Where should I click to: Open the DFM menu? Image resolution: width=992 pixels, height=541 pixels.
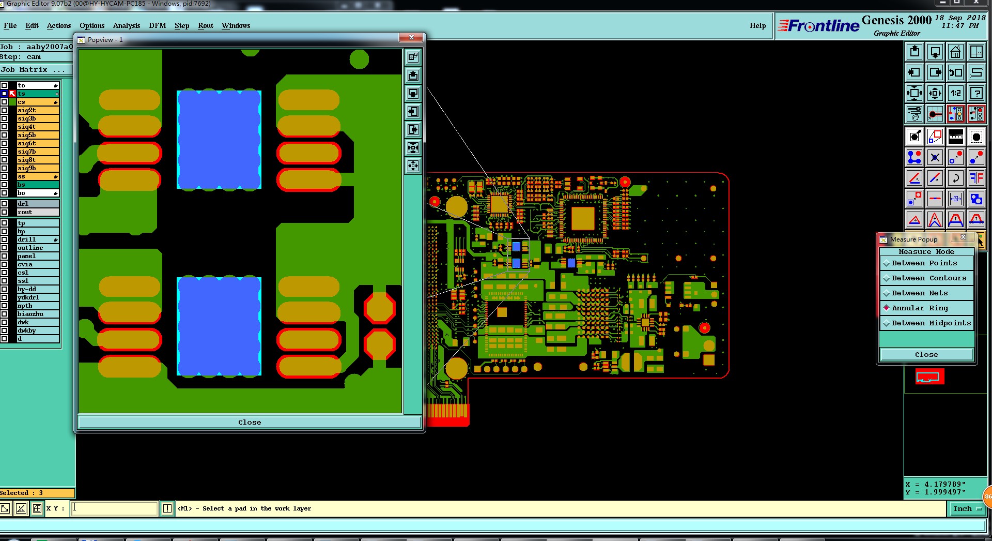[158, 25]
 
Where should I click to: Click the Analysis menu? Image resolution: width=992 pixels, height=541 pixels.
[127, 25]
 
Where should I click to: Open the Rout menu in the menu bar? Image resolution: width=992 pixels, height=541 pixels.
[206, 25]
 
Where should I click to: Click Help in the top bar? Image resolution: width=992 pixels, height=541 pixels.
[758, 25]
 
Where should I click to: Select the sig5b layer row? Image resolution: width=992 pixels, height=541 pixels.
[38, 135]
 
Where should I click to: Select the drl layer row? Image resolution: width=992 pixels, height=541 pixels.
[38, 204]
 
